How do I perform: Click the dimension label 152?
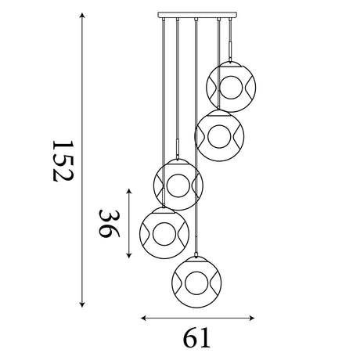pos(63,161)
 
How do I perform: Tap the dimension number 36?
pos(109,224)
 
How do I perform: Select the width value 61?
pos(196,337)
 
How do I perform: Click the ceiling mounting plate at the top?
pos(197,15)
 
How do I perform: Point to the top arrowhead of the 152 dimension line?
pos(82,15)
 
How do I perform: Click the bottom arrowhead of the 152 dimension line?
pos(82,304)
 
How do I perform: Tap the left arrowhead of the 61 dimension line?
pos(144,318)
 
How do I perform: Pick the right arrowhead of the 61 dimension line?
pos(251,318)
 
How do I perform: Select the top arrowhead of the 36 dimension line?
pos(129,192)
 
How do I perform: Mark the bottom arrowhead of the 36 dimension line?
pos(129,255)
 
